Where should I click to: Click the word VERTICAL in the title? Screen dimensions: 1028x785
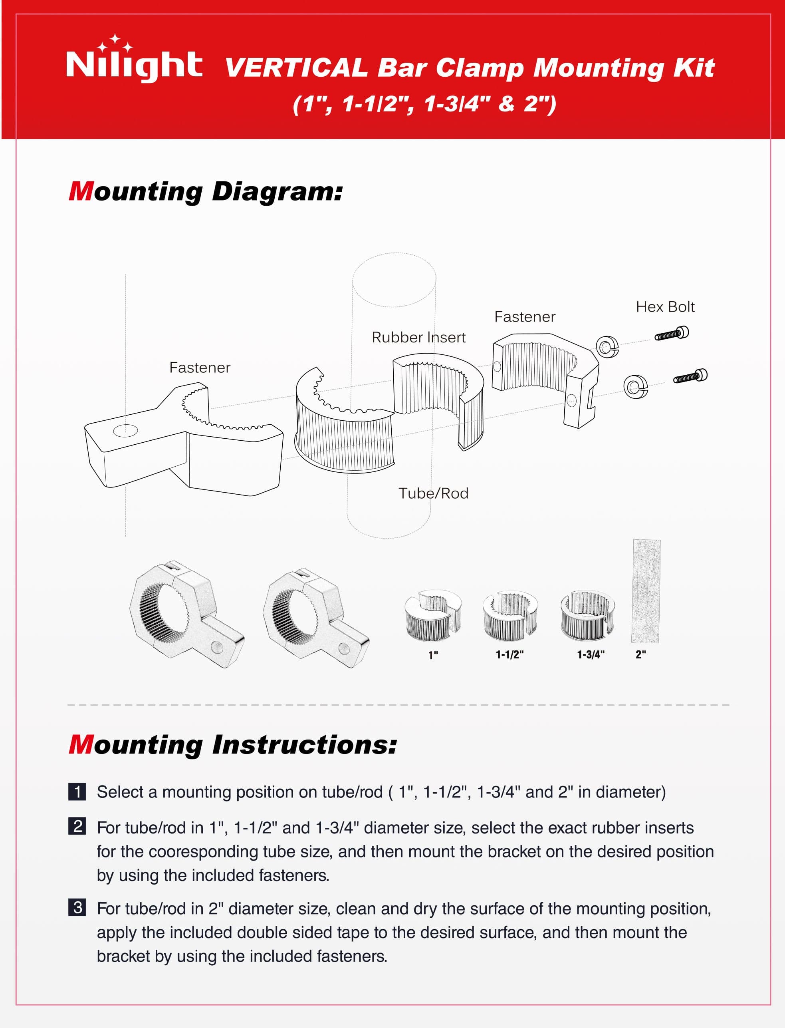(296, 68)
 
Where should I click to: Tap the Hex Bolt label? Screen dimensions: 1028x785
(665, 307)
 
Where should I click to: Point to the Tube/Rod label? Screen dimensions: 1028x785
(433, 493)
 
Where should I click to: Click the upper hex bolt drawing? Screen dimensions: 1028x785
(672, 334)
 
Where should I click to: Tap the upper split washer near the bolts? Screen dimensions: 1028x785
(607, 347)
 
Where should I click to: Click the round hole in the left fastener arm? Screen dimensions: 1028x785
(126, 430)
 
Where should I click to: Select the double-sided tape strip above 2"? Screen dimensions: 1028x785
(646, 591)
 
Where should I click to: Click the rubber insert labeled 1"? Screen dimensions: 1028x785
(433, 615)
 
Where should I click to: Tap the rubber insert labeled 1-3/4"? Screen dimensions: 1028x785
(587, 615)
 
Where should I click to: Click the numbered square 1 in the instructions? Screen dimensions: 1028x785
(77, 792)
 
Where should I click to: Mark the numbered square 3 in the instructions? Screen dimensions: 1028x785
(77, 907)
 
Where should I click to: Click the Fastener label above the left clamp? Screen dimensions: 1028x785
(200, 368)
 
